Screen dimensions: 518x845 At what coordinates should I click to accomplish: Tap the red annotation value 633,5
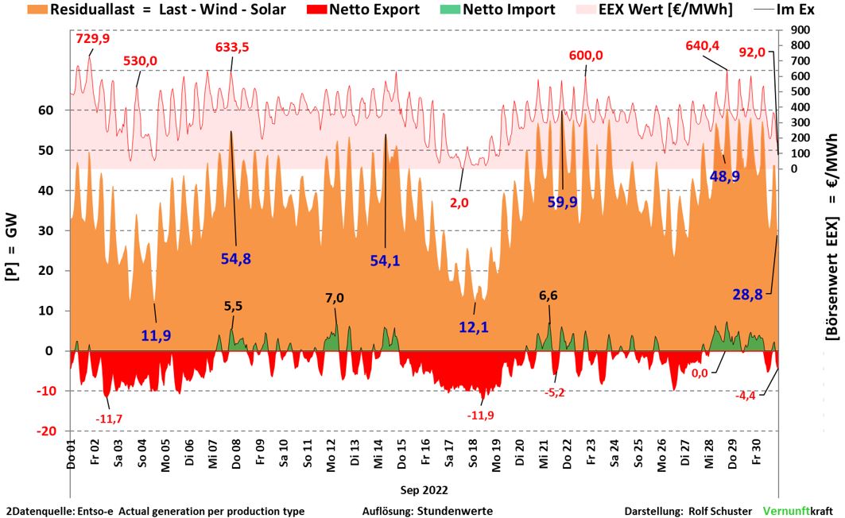(232, 47)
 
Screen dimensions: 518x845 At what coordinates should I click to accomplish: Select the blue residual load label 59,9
(563, 202)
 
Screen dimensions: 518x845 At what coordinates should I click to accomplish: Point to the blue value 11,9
(156, 335)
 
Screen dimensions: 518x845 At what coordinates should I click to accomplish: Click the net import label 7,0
(335, 298)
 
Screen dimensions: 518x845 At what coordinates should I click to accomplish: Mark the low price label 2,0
(459, 203)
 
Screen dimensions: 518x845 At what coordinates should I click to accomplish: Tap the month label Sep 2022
(423, 490)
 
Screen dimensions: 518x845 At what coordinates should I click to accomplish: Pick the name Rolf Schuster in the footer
(718, 511)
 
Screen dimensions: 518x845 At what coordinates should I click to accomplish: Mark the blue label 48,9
(724, 176)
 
